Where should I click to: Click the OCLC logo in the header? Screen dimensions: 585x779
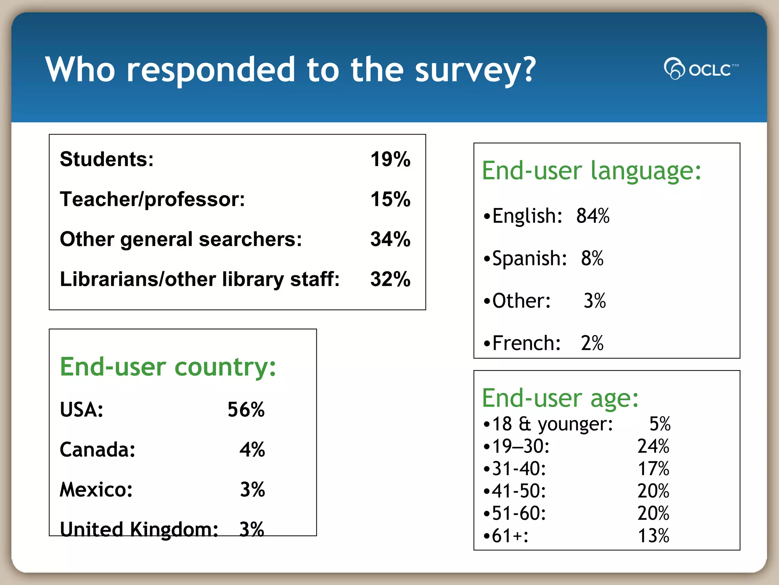coord(701,69)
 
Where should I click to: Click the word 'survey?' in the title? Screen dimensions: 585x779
coord(475,70)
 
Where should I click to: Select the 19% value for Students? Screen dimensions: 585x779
coord(390,159)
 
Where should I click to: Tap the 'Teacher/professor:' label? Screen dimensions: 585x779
coord(153,199)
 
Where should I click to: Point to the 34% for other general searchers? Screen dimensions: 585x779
coord(390,239)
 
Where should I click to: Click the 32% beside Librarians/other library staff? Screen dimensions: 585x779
coord(390,279)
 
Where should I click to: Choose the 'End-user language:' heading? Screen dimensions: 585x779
coord(591,171)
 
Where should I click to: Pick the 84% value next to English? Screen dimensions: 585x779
coord(593,216)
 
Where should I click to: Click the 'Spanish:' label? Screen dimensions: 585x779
coord(529,258)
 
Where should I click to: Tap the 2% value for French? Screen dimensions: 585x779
coord(592,343)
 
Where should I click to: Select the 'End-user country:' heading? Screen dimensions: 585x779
coord(168,367)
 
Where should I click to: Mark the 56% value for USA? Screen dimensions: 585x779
coord(246,410)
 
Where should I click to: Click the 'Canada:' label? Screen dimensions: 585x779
coord(98,450)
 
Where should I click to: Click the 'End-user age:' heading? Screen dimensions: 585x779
coord(560,398)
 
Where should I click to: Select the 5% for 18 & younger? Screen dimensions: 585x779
coord(660,424)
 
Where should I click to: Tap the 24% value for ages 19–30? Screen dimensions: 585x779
coord(653,446)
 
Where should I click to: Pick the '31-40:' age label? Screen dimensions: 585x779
coord(519,469)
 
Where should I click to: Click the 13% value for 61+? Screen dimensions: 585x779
coord(653,536)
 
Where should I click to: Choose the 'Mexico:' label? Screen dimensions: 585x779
coord(96,490)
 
